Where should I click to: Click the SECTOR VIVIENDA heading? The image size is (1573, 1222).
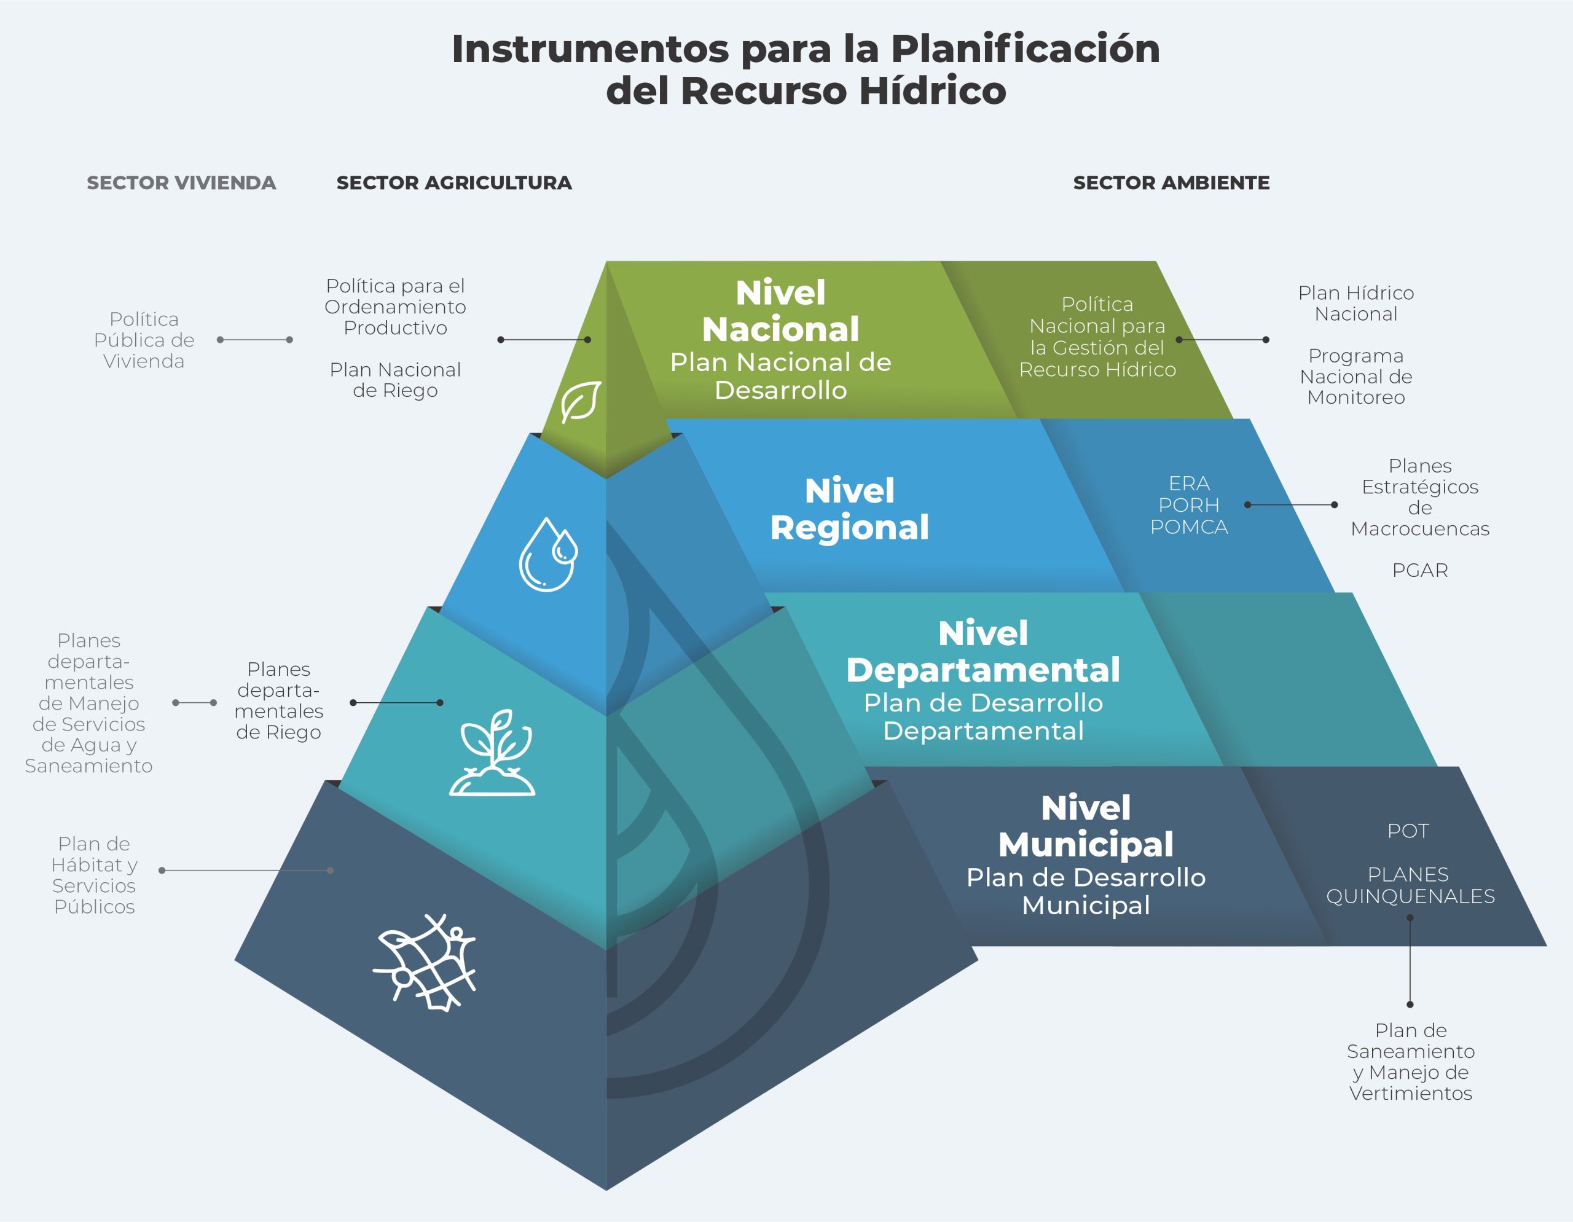pyautogui.click(x=181, y=183)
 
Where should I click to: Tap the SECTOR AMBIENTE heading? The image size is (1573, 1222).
pyautogui.click(x=1171, y=183)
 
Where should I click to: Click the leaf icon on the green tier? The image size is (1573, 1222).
pyautogui.click(x=581, y=401)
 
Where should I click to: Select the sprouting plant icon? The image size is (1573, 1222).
pyautogui.click(x=493, y=753)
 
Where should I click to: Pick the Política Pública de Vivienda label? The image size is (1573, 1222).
pyautogui.click(x=144, y=340)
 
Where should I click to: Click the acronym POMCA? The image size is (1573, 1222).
pyautogui.click(x=1188, y=527)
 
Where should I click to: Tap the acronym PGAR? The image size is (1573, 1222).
pyautogui.click(x=1419, y=570)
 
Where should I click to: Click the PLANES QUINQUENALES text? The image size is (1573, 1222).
pyautogui.click(x=1410, y=885)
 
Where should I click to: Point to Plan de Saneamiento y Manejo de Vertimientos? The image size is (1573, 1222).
pyautogui.click(x=1410, y=1062)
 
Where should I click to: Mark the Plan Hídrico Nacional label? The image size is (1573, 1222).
pyautogui.click(x=1355, y=303)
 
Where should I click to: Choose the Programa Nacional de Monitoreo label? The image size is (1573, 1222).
pyautogui.click(x=1355, y=377)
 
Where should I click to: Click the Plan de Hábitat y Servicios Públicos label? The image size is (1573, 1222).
pyautogui.click(x=95, y=875)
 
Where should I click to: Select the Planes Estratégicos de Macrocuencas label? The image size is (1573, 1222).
pyautogui.click(x=1419, y=497)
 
